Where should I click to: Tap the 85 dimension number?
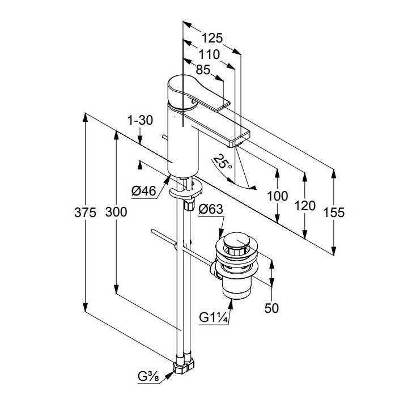tap(202, 70)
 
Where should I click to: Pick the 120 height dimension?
tap(305, 205)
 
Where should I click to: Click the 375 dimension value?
tap(84, 212)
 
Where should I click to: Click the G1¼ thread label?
tap(214, 318)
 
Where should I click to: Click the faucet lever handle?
tap(193, 91)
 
